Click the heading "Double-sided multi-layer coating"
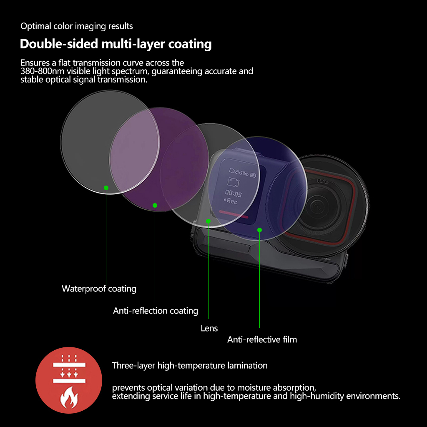tap(116, 44)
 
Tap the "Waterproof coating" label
tap(99, 289)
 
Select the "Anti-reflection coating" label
tap(156, 311)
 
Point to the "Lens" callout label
tap(209, 328)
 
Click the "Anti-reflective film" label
tap(262, 339)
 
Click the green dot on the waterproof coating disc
tap(106, 188)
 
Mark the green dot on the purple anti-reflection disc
tap(155, 205)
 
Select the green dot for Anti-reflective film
tap(259, 230)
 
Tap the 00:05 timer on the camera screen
tap(233, 193)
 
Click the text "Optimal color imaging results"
tap(77, 26)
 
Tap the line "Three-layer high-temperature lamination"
tap(190, 366)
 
